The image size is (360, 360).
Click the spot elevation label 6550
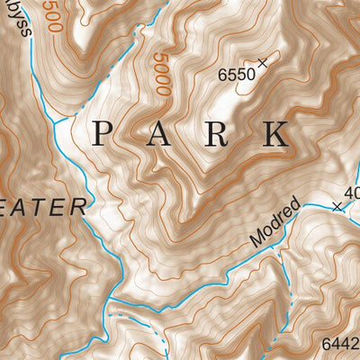point(236,76)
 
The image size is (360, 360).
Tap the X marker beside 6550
point(263,63)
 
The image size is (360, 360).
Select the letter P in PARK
point(103,134)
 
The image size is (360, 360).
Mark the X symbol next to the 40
point(337,206)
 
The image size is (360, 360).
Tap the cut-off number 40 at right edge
point(352,192)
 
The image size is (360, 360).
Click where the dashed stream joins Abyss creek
point(56,120)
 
